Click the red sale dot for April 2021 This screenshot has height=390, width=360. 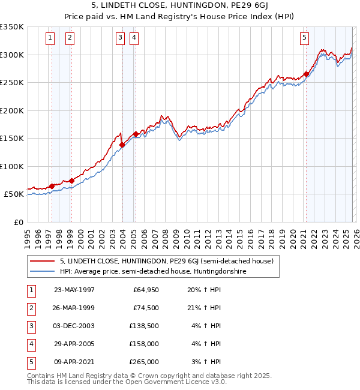306,74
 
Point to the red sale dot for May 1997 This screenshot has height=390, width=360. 52,186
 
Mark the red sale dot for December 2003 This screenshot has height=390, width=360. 122,145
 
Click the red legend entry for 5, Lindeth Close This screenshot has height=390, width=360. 166,261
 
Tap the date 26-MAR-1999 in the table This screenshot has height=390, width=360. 74,308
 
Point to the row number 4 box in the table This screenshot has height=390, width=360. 30,344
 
